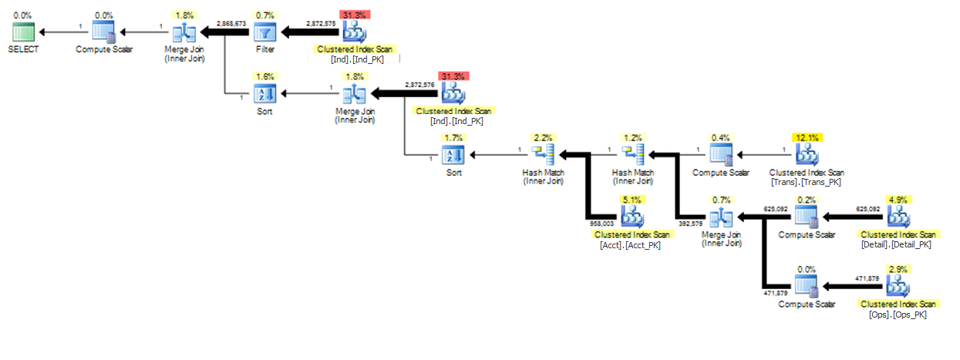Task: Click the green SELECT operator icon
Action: (23, 32)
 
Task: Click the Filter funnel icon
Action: (264, 32)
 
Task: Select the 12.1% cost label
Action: (807, 138)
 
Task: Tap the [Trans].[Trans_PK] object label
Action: (806, 182)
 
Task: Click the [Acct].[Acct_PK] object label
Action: (630, 245)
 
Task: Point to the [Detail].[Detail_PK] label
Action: (896, 244)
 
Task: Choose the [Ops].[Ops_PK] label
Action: (898, 315)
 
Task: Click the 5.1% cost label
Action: (632, 200)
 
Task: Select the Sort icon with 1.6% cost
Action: (264, 94)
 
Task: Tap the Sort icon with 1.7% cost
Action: (453, 155)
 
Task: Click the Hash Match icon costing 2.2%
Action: (543, 155)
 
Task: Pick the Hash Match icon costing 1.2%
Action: (633, 155)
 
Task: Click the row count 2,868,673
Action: (231, 24)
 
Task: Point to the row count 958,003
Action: (601, 224)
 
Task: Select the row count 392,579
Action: (690, 224)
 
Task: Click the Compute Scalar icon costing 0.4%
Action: (721, 155)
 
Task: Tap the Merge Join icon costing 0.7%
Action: (721, 217)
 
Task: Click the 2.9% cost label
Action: (898, 270)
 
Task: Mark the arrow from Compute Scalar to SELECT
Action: (63, 32)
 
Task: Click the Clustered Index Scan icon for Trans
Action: (807, 155)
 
